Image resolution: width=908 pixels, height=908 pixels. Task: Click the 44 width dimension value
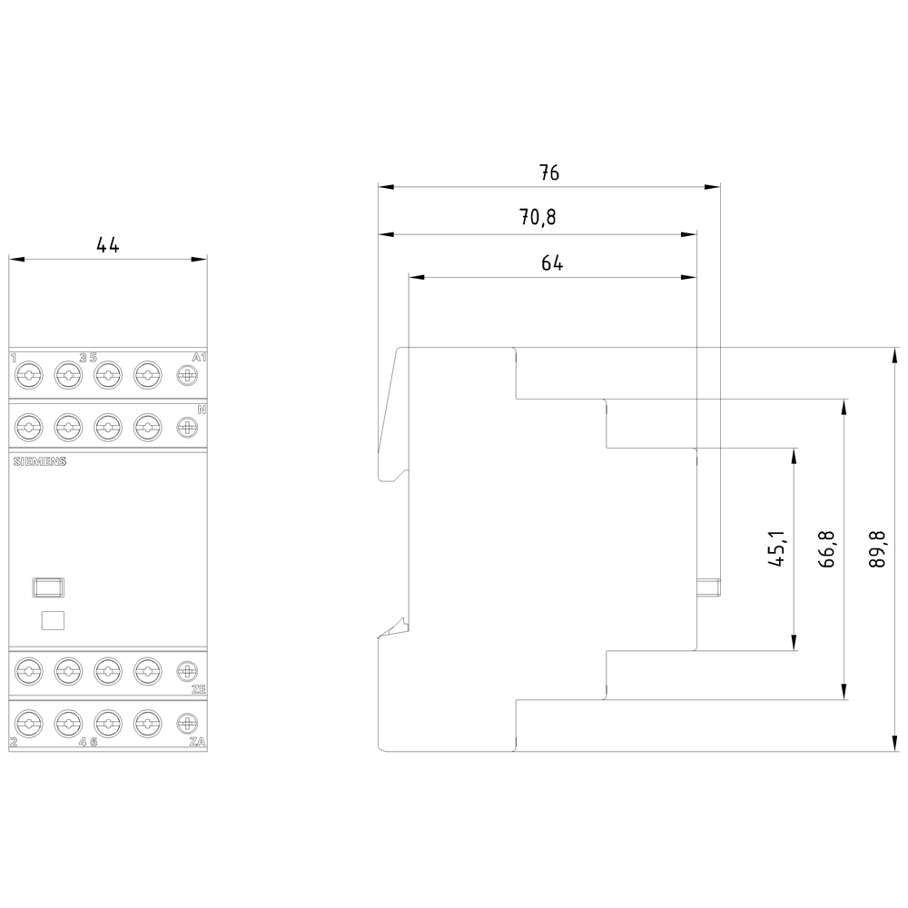click(x=108, y=245)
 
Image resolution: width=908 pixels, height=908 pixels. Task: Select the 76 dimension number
click(x=548, y=173)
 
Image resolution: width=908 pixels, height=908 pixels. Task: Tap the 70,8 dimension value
click(x=537, y=219)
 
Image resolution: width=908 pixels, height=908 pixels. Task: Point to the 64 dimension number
click(x=552, y=263)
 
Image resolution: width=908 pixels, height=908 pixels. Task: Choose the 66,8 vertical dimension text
click(x=826, y=548)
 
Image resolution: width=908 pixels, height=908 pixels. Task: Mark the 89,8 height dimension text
click(x=877, y=548)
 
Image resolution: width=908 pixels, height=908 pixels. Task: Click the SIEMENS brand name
click(x=40, y=461)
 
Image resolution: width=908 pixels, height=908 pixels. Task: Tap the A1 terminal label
click(x=200, y=357)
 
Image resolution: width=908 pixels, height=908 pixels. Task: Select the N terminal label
click(x=202, y=410)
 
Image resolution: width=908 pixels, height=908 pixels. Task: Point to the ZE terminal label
click(x=199, y=690)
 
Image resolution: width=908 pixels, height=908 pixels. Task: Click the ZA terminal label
click(x=199, y=742)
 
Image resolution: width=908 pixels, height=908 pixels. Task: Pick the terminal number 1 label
click(x=14, y=357)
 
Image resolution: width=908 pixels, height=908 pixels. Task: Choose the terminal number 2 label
click(x=14, y=742)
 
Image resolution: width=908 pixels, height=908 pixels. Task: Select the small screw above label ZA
click(x=186, y=724)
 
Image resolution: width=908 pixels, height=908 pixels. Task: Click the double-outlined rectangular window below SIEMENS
click(x=48, y=588)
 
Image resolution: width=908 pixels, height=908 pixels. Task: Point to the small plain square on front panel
click(x=54, y=621)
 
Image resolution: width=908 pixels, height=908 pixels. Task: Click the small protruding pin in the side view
click(x=708, y=586)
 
